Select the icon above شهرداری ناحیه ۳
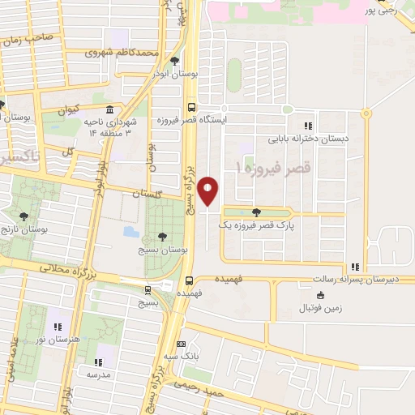(x=109, y=110)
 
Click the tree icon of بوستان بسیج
(x=163, y=237)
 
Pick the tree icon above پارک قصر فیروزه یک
(x=257, y=212)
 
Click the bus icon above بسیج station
(x=148, y=289)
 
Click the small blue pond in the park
(x=130, y=232)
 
